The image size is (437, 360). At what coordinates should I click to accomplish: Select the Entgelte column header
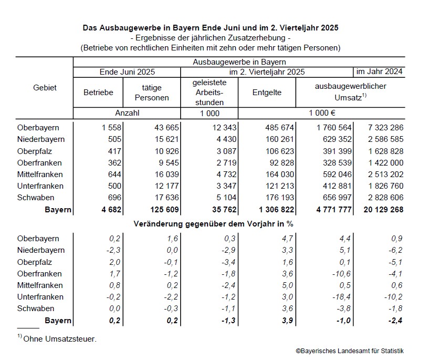coord(267,92)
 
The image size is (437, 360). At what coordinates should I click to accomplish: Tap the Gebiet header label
coord(44,88)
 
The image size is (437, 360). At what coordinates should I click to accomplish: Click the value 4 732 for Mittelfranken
coord(225,174)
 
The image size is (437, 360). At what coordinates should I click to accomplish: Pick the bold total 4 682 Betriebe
coord(110,209)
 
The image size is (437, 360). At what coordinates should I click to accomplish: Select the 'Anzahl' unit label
coord(127,112)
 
